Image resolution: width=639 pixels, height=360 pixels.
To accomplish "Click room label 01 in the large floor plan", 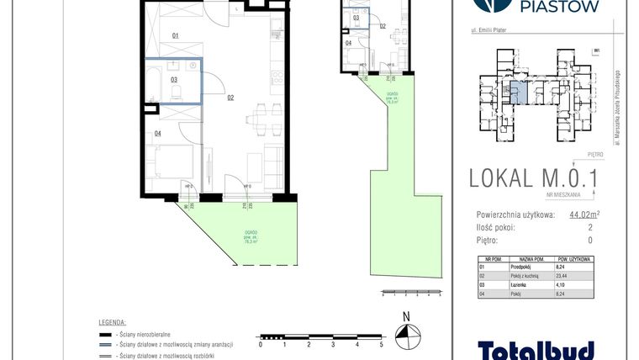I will pyautogui.click(x=175, y=36).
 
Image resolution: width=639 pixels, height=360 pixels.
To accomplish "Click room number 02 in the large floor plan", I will pyautogui.click(x=230, y=98).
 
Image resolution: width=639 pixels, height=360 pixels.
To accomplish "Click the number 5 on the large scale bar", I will pyautogui.click(x=382, y=344).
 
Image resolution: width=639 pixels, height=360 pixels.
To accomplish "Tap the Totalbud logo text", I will pyautogui.click(x=536, y=348).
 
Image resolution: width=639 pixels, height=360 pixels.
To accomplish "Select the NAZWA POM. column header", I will pyautogui.click(x=538, y=261).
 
